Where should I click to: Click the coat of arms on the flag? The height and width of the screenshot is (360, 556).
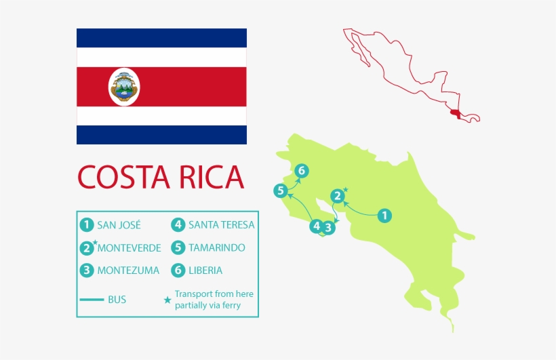tap(123, 87)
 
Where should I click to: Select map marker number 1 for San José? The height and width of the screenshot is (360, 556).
tap(384, 216)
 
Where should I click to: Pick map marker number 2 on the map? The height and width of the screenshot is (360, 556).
tap(337, 197)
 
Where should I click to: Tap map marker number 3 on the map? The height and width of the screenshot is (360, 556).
tap(328, 228)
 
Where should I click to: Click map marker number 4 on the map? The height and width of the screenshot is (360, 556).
tap(316, 226)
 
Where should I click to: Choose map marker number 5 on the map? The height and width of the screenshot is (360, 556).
tap(280, 191)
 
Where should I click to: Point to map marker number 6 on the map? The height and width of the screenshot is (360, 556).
tap(302, 171)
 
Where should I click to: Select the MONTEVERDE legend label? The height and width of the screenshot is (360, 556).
tap(129, 247)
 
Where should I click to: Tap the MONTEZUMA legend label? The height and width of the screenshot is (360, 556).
tap(128, 270)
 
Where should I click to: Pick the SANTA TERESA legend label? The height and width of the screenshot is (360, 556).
tap(221, 224)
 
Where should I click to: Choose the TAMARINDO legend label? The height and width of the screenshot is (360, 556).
tap(217, 247)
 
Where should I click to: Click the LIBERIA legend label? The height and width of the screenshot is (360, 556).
tap(205, 270)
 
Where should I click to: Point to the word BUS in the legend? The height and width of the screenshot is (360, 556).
tap(117, 299)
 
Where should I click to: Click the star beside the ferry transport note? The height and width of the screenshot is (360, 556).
tap(167, 300)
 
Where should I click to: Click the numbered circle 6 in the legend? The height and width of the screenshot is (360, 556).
tap(178, 270)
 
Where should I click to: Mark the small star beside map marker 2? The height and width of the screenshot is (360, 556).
tap(346, 189)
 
